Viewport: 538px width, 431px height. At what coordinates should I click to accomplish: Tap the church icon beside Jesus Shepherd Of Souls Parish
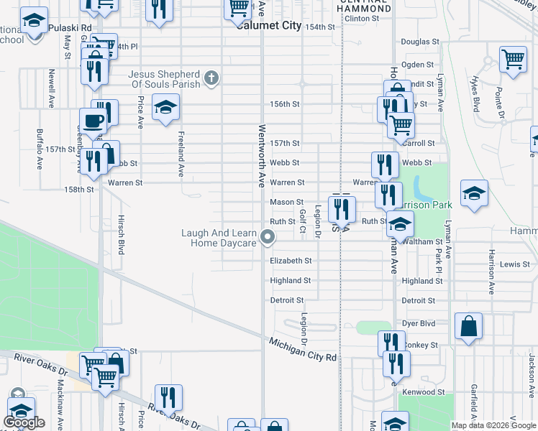point(211,78)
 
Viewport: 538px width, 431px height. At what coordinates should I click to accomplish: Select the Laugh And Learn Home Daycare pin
point(268,236)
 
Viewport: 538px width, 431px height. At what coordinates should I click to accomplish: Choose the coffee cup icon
point(92,120)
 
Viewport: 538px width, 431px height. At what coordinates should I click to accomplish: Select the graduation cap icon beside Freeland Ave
point(166,108)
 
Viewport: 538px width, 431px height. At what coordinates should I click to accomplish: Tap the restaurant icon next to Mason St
point(342,208)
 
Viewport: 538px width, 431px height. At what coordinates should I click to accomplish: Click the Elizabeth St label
point(291,261)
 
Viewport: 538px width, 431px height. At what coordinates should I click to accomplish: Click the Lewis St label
point(514,264)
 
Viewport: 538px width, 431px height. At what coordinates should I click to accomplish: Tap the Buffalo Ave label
point(40,149)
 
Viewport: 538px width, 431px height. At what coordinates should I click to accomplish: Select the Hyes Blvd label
point(475,94)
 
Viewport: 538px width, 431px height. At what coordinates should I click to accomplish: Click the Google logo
point(24,422)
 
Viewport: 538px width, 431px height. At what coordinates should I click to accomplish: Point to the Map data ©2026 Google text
point(493,425)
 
